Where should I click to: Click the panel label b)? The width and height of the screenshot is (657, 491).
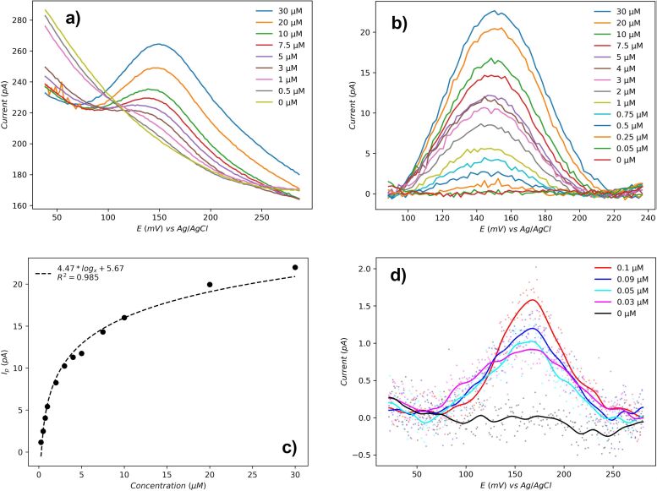(x=395, y=23)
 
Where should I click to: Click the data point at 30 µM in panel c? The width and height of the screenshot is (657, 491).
(x=295, y=267)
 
